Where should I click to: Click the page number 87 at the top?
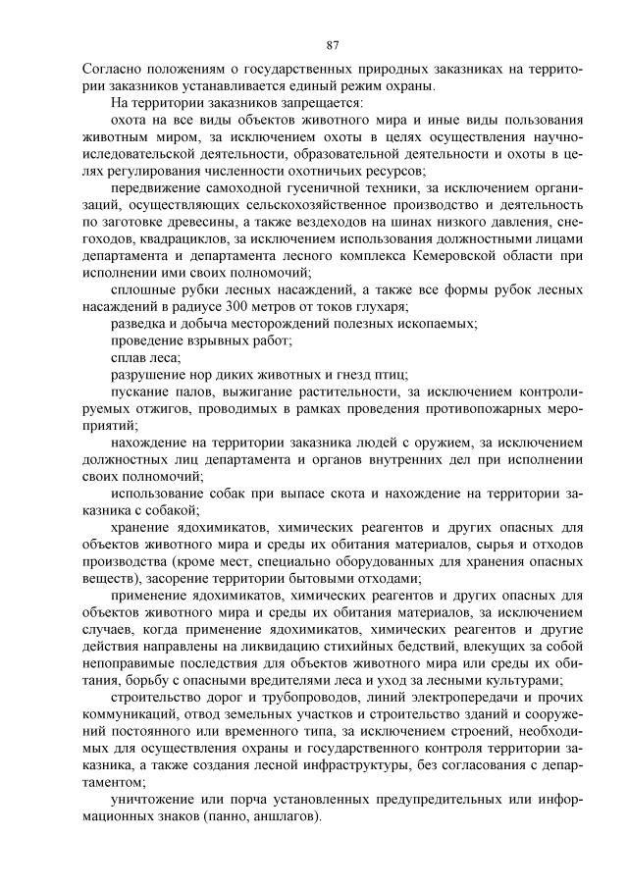(x=332, y=44)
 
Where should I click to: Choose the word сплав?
(x=129, y=358)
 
